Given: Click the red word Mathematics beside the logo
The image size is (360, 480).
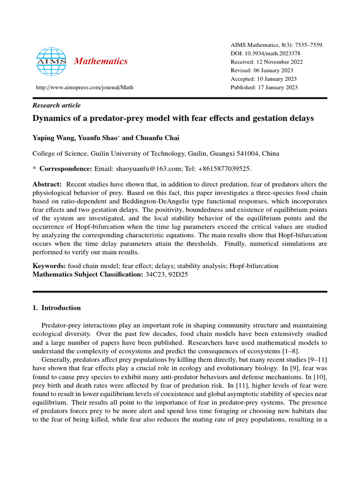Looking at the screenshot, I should (x=101, y=61).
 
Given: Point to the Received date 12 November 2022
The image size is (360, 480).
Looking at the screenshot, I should (x=279, y=62).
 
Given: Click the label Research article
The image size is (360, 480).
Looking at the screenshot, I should (x=56, y=105).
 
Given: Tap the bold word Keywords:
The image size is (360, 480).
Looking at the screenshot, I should (x=49, y=266).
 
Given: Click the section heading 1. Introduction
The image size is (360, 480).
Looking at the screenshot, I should (x=56, y=308).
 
